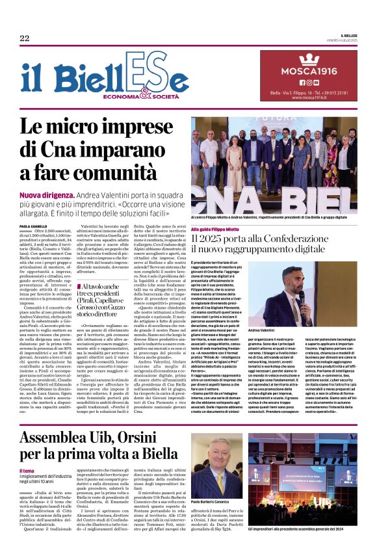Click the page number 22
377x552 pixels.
click(24, 38)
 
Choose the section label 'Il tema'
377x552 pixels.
click(27, 453)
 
